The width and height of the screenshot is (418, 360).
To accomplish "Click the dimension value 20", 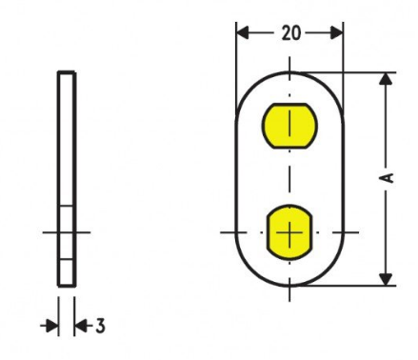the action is click(x=291, y=33).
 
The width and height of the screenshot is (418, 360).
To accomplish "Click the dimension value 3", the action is click(x=100, y=326).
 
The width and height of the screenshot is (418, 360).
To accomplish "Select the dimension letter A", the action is click(x=388, y=178).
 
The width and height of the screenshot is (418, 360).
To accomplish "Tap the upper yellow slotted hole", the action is click(x=289, y=126).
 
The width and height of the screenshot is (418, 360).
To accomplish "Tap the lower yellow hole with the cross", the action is click(x=289, y=232).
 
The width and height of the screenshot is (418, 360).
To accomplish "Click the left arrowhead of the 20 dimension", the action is click(x=243, y=33).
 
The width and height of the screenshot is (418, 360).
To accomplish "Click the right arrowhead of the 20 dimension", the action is click(x=337, y=33).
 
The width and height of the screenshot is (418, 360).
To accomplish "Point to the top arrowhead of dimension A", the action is click(x=386, y=79).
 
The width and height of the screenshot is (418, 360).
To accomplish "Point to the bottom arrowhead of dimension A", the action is click(x=386, y=279).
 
